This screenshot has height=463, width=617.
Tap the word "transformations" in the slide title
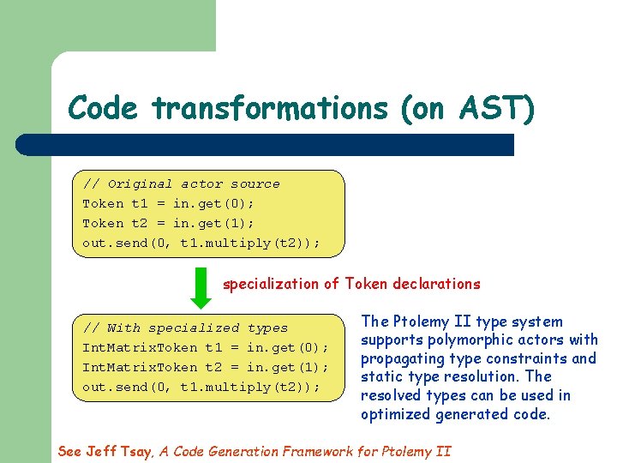click(268, 109)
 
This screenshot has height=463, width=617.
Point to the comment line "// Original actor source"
click(181, 183)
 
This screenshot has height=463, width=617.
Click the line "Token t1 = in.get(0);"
click(168, 203)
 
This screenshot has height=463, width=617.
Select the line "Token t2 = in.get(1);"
click(168, 223)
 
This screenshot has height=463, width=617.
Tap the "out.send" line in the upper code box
click(201, 243)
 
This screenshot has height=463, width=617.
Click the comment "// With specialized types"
click(185, 328)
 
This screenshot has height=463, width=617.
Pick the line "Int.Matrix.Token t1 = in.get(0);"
click(206, 347)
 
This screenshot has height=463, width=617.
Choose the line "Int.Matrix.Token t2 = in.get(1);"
click(206, 367)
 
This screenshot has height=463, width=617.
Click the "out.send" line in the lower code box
click(201, 387)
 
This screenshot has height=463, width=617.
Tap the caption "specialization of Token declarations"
click(351, 284)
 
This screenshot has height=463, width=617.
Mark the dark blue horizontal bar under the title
click(266, 144)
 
